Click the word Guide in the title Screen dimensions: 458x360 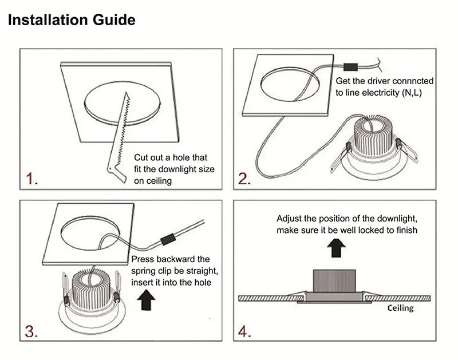(114, 20)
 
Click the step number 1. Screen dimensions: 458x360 (31, 179)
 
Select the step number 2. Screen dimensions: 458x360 (244, 179)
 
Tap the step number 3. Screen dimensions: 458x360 (31, 331)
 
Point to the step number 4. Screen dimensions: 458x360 (244, 331)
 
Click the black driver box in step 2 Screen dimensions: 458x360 (350, 67)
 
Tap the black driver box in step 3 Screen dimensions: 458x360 (168, 239)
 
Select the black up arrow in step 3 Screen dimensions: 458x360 (146, 300)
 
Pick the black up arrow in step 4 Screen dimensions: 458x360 (336, 248)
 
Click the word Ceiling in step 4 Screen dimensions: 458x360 (400, 308)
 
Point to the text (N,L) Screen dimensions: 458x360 (412, 93)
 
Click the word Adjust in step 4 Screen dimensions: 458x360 (289, 219)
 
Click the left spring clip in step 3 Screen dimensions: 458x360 (65, 288)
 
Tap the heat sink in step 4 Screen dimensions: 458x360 (334, 280)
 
